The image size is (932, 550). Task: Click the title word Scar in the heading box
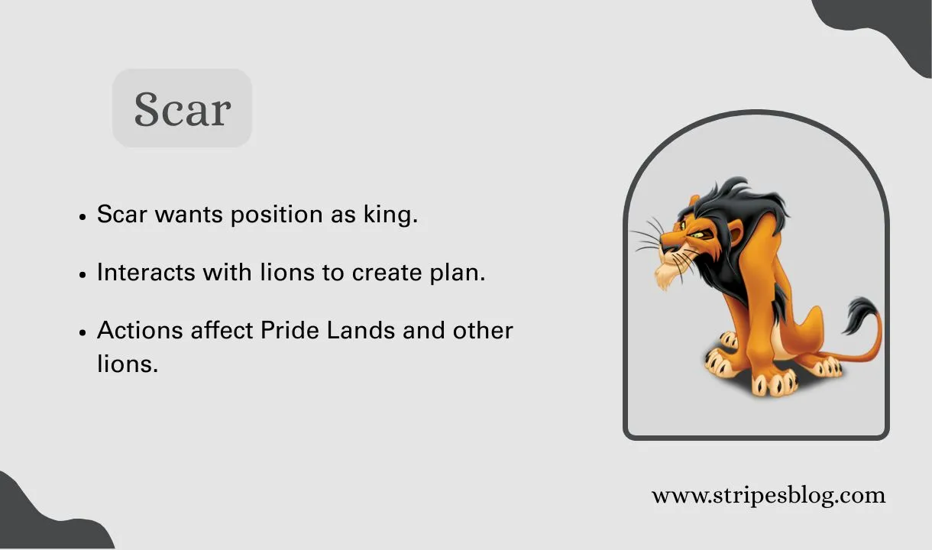pyautogui.click(x=182, y=108)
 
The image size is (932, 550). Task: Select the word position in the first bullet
pyautogui.click(x=277, y=215)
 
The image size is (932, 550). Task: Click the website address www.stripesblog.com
pyautogui.click(x=768, y=495)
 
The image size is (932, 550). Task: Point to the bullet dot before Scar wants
pyautogui.click(x=83, y=217)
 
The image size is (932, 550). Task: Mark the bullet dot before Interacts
pyautogui.click(x=83, y=275)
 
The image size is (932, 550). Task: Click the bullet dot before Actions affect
pyautogui.click(x=83, y=333)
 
